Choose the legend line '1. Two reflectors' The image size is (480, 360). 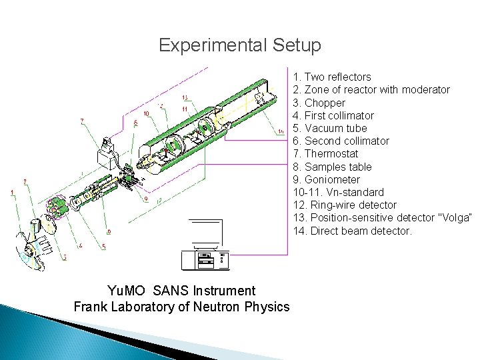[331, 77]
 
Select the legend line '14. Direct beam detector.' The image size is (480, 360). [352, 231]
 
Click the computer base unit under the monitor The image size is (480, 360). [205, 260]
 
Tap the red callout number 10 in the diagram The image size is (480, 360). [146, 113]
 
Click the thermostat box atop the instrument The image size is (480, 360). [107, 155]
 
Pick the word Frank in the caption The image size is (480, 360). [89, 307]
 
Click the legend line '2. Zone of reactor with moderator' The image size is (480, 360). [371, 90]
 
